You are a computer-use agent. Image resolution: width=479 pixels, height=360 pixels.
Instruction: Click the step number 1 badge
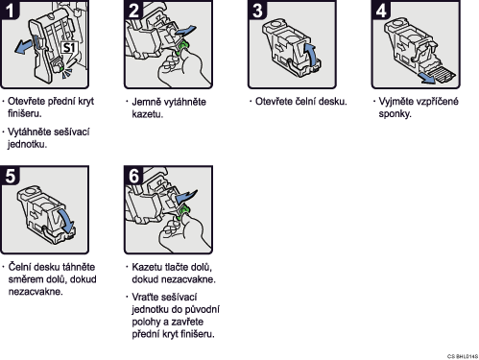point(10,10)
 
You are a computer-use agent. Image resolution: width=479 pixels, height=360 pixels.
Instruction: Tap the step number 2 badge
point(133,10)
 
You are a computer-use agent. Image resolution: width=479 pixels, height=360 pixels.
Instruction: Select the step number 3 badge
point(257,10)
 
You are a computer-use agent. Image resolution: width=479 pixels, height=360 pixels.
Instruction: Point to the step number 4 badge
point(381,10)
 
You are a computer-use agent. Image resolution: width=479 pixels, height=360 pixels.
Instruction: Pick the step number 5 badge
point(10,176)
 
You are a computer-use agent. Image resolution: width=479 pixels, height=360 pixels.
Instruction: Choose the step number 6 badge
point(133,176)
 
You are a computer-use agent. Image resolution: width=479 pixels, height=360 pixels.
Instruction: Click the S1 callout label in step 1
point(68,47)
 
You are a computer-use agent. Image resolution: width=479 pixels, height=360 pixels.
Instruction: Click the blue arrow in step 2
point(185,32)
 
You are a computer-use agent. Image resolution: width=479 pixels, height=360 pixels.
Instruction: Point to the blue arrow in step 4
point(426,78)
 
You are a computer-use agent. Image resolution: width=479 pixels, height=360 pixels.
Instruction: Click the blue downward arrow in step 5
point(66,222)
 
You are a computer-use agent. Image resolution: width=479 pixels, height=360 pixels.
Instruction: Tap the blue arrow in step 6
point(186,197)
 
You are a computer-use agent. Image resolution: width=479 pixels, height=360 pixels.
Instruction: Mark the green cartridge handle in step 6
point(182,213)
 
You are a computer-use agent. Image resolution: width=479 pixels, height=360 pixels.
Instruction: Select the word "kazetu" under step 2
point(147,114)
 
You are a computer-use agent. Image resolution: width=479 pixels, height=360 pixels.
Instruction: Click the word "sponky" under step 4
point(395,114)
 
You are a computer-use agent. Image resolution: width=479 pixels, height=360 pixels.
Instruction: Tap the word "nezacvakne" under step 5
point(36,292)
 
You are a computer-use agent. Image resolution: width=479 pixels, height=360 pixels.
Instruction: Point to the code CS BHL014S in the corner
point(463,356)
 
